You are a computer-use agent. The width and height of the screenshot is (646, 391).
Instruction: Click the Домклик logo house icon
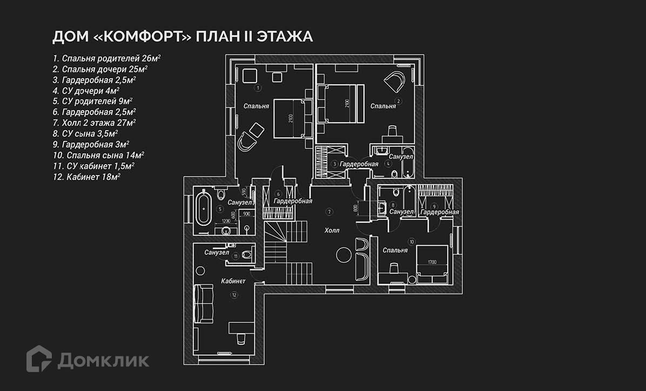[x=39, y=359]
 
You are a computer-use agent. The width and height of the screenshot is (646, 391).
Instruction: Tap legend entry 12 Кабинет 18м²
[x=86, y=177]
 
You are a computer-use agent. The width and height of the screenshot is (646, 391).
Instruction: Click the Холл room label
[x=332, y=231]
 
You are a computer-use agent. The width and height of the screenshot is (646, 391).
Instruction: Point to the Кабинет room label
[x=233, y=281]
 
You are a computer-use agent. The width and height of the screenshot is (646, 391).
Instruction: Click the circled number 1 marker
[x=258, y=87]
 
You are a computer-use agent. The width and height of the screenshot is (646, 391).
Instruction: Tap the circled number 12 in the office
[x=234, y=295]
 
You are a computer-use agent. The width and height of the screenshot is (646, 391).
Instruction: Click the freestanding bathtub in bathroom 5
[x=204, y=209]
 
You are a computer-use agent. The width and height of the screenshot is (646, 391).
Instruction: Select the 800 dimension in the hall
[x=356, y=207]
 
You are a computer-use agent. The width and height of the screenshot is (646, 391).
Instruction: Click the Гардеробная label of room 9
[x=439, y=212]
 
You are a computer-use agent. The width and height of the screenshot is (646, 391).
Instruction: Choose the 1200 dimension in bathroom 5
[x=227, y=221]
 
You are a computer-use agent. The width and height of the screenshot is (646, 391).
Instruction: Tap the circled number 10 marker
[x=412, y=241]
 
